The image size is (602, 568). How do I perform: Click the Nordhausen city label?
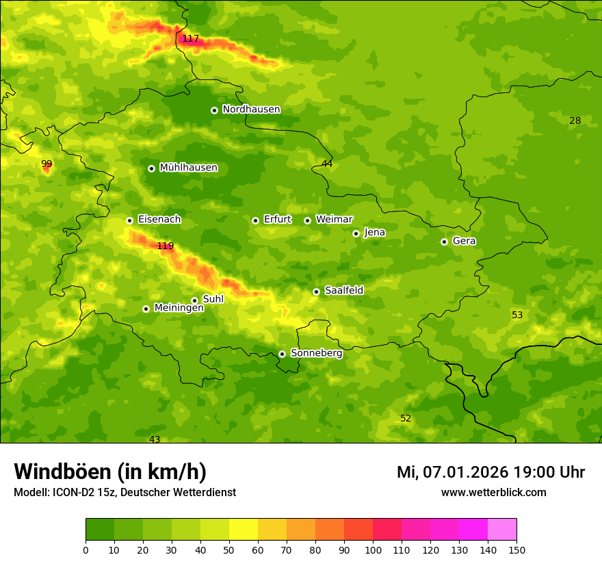(251, 109)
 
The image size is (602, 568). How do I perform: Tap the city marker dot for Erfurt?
(255, 220)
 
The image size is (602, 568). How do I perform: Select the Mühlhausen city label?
(188, 168)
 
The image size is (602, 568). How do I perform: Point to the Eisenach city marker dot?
(129, 220)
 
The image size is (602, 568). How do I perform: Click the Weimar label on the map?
(334, 220)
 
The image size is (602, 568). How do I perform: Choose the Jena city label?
(374, 233)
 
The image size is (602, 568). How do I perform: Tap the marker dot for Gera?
(444, 242)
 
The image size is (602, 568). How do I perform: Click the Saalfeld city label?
(343, 291)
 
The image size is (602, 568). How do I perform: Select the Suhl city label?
(213, 299)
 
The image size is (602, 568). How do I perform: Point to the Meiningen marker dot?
(146, 309)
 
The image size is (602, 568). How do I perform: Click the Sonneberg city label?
(316, 353)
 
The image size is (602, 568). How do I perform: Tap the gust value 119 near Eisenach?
(166, 246)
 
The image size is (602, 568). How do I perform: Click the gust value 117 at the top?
(190, 39)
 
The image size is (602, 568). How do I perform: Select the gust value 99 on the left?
(47, 164)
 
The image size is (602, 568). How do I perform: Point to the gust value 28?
(575, 121)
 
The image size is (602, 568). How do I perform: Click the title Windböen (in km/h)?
(110, 472)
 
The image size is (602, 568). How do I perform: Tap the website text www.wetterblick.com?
(493, 493)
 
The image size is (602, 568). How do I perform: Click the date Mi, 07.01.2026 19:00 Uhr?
(490, 472)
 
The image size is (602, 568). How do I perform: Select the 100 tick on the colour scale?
(373, 550)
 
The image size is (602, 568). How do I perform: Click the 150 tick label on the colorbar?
(516, 550)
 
